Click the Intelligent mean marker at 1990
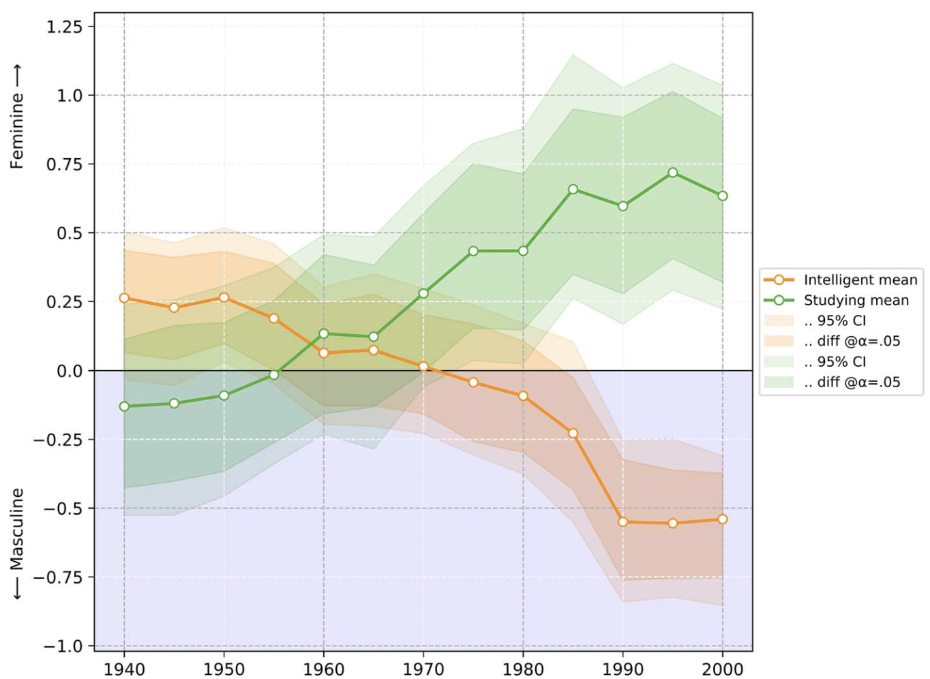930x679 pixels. pyautogui.click(x=622, y=522)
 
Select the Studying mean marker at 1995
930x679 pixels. pyautogui.click(x=673, y=172)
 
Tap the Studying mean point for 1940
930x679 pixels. pyautogui.click(x=124, y=406)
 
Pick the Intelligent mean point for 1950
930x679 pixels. pyautogui.click(x=224, y=297)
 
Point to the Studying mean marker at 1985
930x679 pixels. pyautogui.click(x=573, y=189)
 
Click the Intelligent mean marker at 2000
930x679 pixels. pyautogui.click(x=723, y=519)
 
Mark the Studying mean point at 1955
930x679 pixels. pyautogui.click(x=273, y=375)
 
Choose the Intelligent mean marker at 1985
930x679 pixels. pyautogui.click(x=573, y=434)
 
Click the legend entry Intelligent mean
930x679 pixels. pyautogui.click(x=860, y=280)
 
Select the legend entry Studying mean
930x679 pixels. pyautogui.click(x=856, y=300)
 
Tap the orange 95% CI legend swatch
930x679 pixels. pyautogui.click(x=779, y=320)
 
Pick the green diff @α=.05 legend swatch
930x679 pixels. pyautogui.click(x=779, y=382)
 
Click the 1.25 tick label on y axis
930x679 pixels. pyautogui.click(x=64, y=27)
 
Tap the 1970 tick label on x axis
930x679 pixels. pyautogui.click(x=423, y=669)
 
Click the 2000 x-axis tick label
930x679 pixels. pyautogui.click(x=723, y=669)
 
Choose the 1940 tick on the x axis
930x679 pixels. pyautogui.click(x=124, y=669)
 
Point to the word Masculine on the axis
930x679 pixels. pyautogui.click(x=17, y=529)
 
